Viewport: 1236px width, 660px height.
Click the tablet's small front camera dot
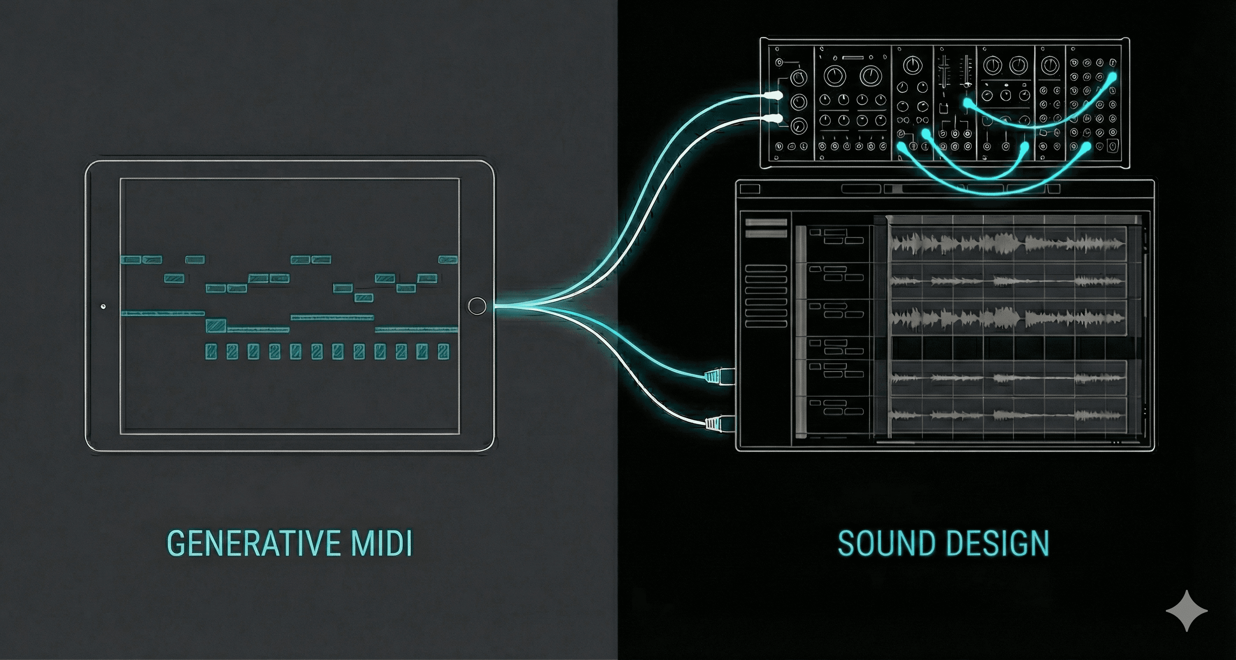click(x=103, y=306)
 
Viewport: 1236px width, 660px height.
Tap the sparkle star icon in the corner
click(x=1186, y=610)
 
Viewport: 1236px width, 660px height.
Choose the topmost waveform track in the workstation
click(x=1008, y=244)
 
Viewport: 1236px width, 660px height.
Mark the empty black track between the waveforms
click(x=1008, y=347)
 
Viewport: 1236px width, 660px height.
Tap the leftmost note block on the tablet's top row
click(x=130, y=259)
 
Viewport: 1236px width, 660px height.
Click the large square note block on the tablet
click(x=216, y=325)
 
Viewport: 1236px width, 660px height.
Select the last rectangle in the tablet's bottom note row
click(x=443, y=352)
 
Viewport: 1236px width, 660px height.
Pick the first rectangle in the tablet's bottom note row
click(x=211, y=352)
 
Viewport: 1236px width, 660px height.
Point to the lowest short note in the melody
click(x=364, y=298)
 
